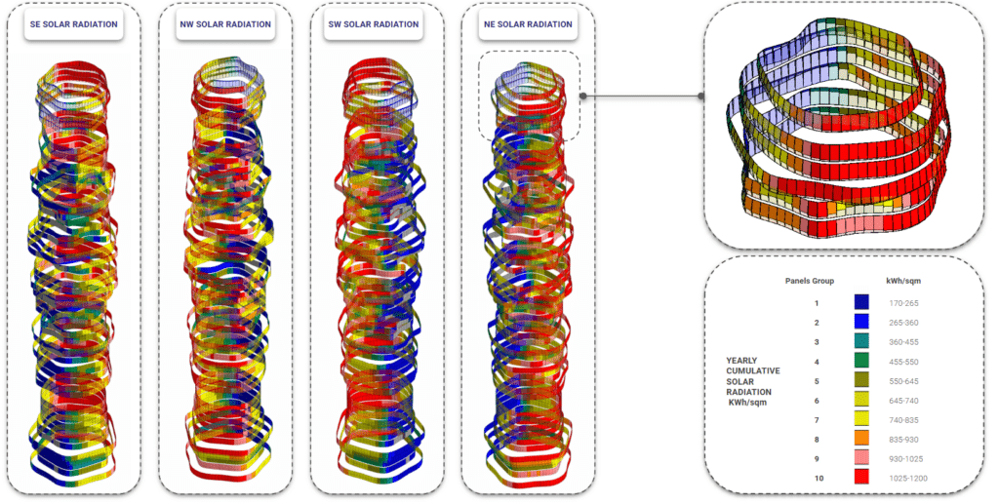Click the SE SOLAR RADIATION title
click(74, 24)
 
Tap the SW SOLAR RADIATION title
click(374, 24)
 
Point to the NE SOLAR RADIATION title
click(527, 24)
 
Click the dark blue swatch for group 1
click(861, 303)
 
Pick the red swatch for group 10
click(861, 478)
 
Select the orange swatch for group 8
click(861, 439)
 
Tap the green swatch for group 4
click(861, 361)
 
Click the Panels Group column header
click(810, 280)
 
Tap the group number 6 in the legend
click(815, 400)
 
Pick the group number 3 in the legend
click(815, 341)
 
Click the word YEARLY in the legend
click(742, 361)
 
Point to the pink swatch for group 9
click(861, 458)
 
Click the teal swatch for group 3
click(861, 342)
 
